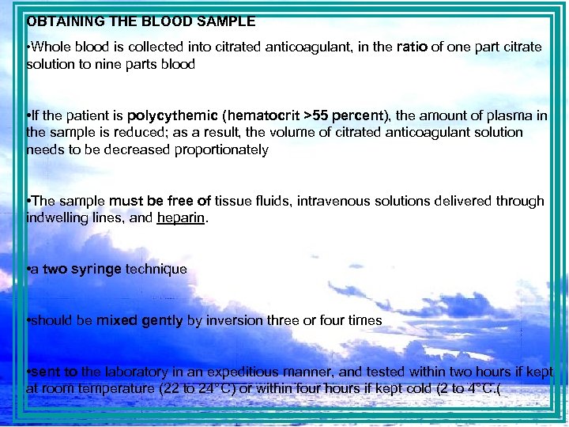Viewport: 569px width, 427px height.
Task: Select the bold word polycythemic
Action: tap(164, 115)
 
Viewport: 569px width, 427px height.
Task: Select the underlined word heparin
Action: tap(181, 217)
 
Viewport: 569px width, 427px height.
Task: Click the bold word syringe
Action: tap(96, 269)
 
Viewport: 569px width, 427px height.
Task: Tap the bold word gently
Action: tap(163, 320)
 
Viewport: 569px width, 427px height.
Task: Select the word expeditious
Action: tap(239, 372)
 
